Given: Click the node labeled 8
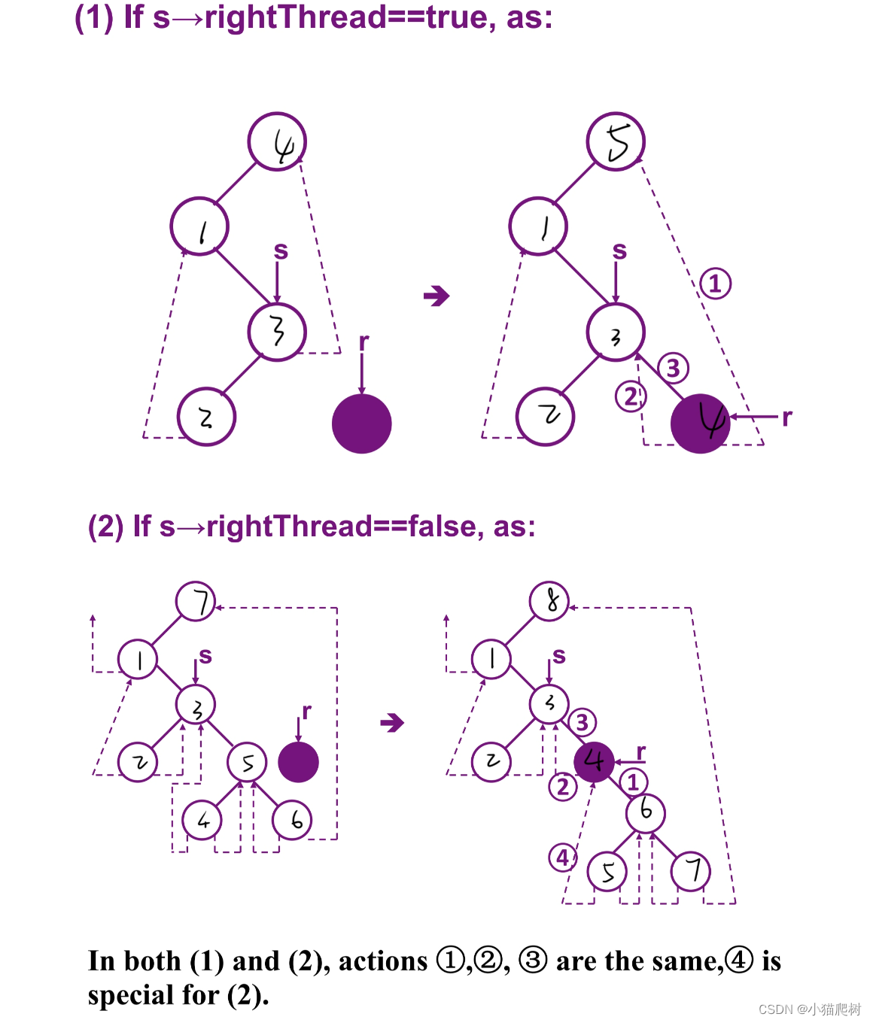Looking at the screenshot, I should pos(549,601).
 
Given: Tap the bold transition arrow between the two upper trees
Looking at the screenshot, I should pos(436,296).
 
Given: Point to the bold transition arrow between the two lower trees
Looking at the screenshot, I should pos(392,724).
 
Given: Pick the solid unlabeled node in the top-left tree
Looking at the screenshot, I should pos(362,423).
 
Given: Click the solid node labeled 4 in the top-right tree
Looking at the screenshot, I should pos(701,423).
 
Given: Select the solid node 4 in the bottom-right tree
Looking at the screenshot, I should pos(595,761).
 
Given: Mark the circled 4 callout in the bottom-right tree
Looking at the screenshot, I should pos(563,857).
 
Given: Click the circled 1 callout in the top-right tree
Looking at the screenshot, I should pos(715,284).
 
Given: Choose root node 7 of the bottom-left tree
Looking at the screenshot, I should pos(196,602).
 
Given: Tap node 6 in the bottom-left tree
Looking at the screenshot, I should pos(292,820).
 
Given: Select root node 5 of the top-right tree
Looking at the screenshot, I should pos(616,142).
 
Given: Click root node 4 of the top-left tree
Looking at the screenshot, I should pos(277,142).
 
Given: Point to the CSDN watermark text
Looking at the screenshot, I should pos(809,1009).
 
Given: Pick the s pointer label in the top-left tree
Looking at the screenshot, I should pos(281,250).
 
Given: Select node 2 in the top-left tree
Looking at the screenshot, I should pos(206,417).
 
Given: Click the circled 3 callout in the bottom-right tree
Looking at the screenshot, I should pos(582,723).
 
